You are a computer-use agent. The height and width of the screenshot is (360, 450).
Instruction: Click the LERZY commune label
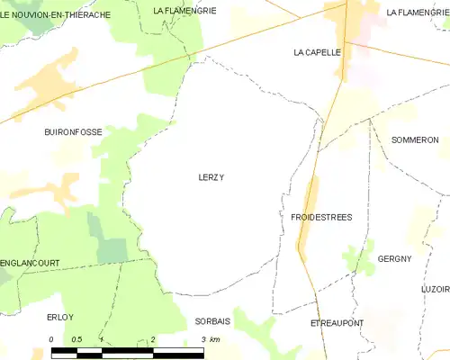[x=211, y=177]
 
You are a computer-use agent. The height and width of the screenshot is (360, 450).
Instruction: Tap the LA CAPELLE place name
[x=317, y=52]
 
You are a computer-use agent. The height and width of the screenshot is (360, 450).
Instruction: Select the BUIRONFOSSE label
[x=73, y=131]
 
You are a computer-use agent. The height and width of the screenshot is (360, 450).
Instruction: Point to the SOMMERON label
[x=415, y=140]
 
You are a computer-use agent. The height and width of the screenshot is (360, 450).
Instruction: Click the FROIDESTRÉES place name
[x=321, y=218]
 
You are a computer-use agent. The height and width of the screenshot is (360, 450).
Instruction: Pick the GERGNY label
[x=394, y=258]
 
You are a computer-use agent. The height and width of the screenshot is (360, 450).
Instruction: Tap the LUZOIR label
[x=435, y=289]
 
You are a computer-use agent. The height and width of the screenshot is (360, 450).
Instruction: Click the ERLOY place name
[x=59, y=317]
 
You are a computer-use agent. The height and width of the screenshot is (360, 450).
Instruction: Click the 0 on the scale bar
[x=51, y=339]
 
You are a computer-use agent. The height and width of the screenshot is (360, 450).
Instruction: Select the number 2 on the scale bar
[x=153, y=339]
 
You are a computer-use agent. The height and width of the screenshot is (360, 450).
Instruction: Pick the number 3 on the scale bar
[x=204, y=339]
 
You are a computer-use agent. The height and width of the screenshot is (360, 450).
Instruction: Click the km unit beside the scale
[x=216, y=339]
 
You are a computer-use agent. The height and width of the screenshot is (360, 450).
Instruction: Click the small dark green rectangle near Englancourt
[x=112, y=251]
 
